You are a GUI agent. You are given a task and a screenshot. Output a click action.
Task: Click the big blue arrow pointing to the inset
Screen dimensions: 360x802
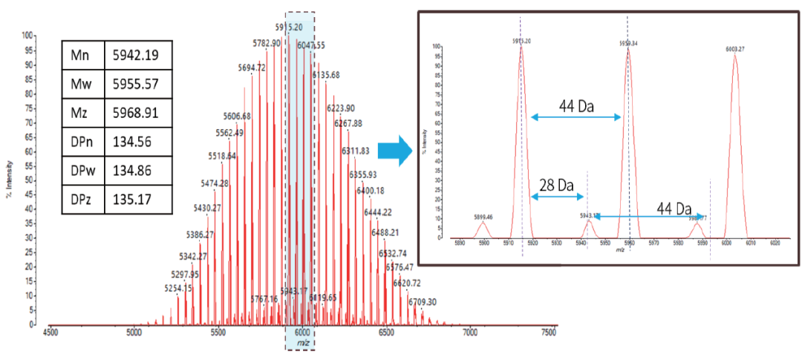(x=395, y=150)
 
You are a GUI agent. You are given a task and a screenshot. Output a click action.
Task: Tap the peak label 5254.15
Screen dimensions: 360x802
(x=178, y=288)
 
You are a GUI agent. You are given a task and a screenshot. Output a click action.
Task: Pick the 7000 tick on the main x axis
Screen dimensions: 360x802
(x=470, y=334)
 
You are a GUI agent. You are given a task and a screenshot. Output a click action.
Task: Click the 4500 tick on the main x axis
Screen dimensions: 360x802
(x=50, y=334)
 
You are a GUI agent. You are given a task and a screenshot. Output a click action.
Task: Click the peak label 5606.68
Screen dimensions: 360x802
(x=237, y=117)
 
